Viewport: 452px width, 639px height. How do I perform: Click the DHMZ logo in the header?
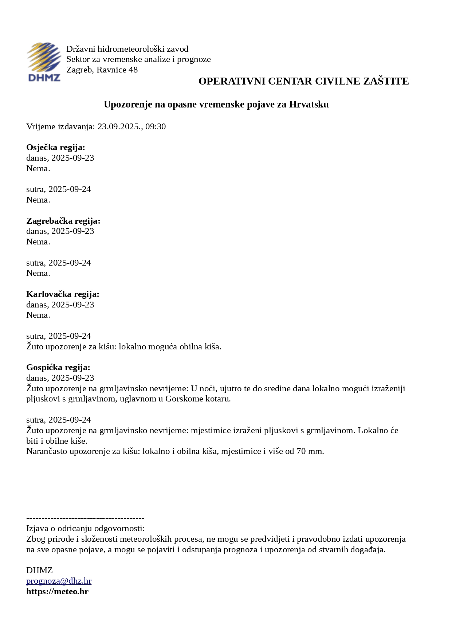[x=44, y=62]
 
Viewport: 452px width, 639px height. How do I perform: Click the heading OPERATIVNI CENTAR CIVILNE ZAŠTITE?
[x=303, y=81]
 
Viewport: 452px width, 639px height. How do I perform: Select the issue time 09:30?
[x=156, y=127]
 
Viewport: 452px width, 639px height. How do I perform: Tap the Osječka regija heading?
[x=55, y=148]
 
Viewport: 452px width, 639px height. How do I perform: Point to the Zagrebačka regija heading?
[x=63, y=221]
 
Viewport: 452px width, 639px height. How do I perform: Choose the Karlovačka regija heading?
[x=63, y=294]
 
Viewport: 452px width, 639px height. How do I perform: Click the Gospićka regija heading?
[x=58, y=368]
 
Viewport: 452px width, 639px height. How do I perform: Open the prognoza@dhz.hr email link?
[x=59, y=581]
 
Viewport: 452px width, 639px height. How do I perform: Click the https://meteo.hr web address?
[x=57, y=592]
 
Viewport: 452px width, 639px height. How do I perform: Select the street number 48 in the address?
[x=133, y=70]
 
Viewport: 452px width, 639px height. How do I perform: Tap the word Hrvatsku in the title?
[x=309, y=105]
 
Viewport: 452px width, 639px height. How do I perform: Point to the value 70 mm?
[x=310, y=451]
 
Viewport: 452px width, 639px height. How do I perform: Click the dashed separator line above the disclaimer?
[x=85, y=518]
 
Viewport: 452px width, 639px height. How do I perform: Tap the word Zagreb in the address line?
[x=79, y=70]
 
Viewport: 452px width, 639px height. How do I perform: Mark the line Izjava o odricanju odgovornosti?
[x=85, y=529]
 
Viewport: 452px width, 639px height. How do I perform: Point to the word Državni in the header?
[x=80, y=49]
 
